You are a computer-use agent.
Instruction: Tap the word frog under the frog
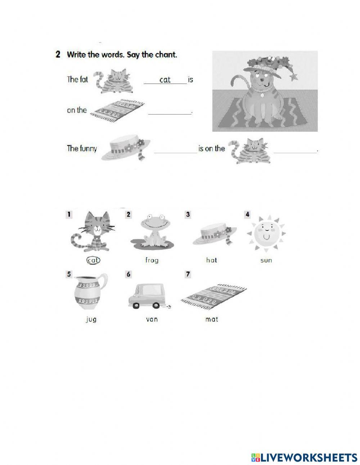(x=152, y=260)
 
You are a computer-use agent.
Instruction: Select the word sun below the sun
(x=266, y=260)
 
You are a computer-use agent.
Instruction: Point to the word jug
(x=91, y=319)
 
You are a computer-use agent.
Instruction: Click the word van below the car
(x=152, y=319)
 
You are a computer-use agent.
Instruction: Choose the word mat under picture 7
(x=211, y=319)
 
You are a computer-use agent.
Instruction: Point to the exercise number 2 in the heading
(x=58, y=55)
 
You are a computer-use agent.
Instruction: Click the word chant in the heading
(x=167, y=55)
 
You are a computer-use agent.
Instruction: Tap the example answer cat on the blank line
(x=165, y=80)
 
